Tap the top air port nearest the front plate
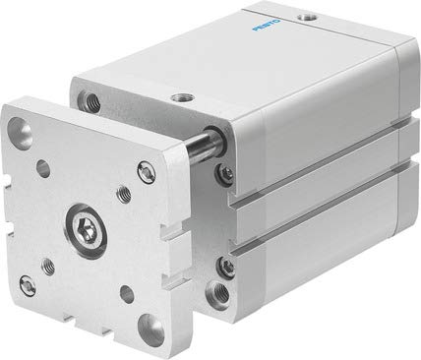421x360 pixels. coord(183,97)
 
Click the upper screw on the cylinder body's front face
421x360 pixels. coord(228,176)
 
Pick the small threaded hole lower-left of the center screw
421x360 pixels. coord(47,263)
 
